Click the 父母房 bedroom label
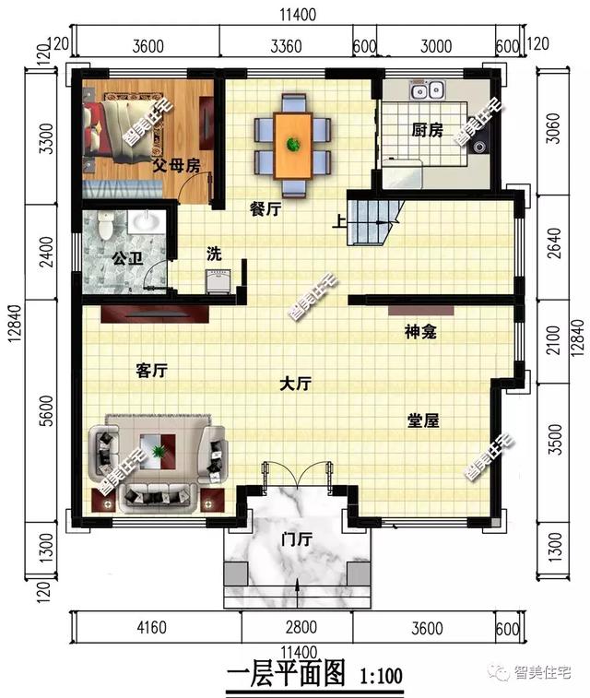[x=176, y=167]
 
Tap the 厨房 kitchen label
[x=428, y=131]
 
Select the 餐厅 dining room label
[x=265, y=208]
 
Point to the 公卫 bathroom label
[x=127, y=258]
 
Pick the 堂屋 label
[x=423, y=420]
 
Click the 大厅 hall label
[x=294, y=384]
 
